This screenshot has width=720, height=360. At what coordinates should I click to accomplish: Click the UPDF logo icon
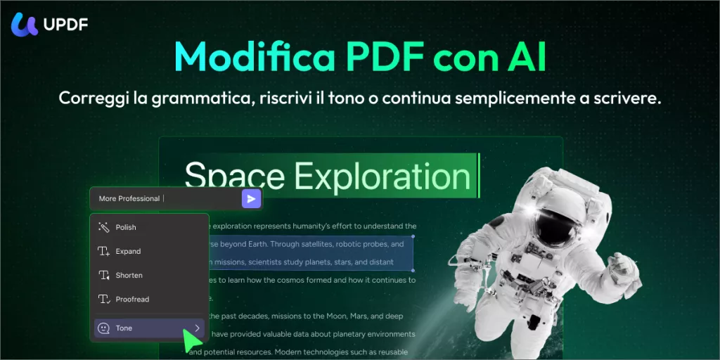[25, 25]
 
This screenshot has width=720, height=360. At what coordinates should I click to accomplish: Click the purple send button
[251, 198]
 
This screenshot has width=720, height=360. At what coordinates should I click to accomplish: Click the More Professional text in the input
[129, 198]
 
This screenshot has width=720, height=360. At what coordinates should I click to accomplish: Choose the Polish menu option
[126, 227]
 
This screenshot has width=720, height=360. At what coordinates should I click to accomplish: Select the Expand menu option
[128, 251]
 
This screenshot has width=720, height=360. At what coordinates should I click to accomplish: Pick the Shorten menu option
[129, 275]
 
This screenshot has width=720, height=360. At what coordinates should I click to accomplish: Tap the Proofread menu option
[132, 299]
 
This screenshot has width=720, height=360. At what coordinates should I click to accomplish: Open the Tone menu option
[124, 328]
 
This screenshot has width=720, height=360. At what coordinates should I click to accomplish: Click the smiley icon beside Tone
[103, 328]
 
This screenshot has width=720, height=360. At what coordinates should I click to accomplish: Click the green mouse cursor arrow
[190, 341]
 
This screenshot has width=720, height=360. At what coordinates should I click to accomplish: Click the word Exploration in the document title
[382, 176]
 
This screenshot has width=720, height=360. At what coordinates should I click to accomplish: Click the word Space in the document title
[234, 176]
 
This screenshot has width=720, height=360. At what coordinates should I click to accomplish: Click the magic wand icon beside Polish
[103, 227]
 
